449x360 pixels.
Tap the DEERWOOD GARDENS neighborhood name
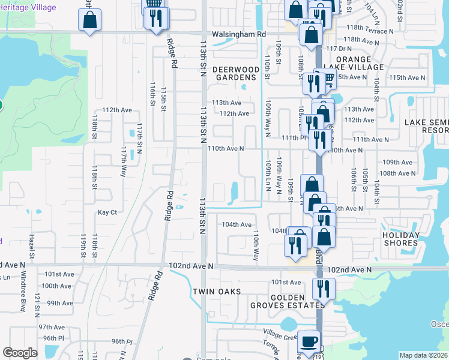(x=237, y=73)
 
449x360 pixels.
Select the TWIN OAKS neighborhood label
(x=217, y=292)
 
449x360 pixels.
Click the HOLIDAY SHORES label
(x=400, y=239)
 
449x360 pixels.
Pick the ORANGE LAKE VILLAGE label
(x=360, y=63)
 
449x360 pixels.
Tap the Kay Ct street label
(x=107, y=212)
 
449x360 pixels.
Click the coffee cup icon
(x=309, y=341)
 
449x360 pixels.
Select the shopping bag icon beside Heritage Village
(x=89, y=20)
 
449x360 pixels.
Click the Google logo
(x=20, y=352)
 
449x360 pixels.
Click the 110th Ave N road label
(x=226, y=148)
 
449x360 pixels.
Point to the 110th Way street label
(x=256, y=245)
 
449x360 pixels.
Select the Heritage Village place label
(x=29, y=8)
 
